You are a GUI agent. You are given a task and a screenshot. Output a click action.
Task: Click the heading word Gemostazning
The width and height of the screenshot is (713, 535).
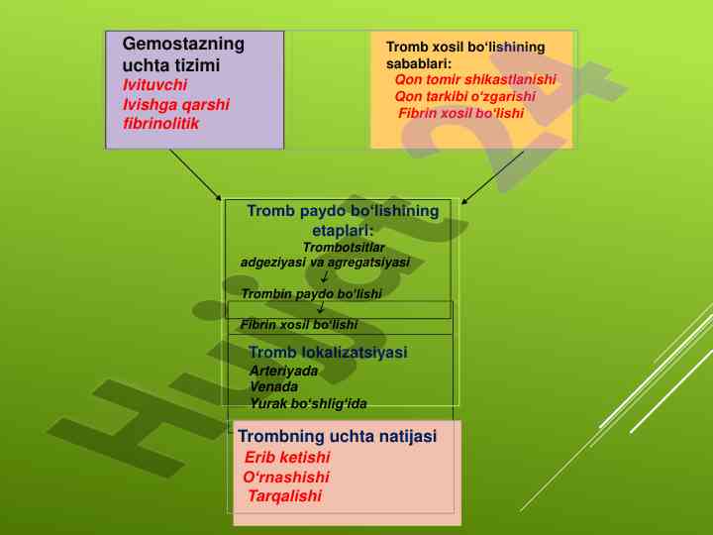pyautogui.click(x=182, y=45)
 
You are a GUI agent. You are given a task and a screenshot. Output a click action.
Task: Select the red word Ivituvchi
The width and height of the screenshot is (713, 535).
pyautogui.click(x=154, y=84)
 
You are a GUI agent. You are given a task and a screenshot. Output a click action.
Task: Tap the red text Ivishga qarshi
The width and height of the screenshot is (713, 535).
pyautogui.click(x=175, y=103)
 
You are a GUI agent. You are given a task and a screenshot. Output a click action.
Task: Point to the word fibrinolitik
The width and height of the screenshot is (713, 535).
pyautogui.click(x=161, y=124)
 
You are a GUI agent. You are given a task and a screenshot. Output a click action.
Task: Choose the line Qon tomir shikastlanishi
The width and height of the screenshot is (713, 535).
pyautogui.click(x=475, y=79)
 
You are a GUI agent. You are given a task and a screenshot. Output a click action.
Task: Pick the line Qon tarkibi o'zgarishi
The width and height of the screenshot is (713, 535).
pyautogui.click(x=464, y=96)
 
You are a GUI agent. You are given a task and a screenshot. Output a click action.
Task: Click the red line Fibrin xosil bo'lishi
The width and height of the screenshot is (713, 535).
pyautogui.click(x=460, y=113)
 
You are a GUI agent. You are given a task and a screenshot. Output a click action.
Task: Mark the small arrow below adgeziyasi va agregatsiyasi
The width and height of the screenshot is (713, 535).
pyautogui.click(x=325, y=277)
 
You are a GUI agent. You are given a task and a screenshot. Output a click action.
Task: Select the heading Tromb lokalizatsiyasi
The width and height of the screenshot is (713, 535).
pyautogui.click(x=328, y=353)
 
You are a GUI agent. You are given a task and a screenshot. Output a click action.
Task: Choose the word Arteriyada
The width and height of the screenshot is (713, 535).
pyautogui.click(x=284, y=371)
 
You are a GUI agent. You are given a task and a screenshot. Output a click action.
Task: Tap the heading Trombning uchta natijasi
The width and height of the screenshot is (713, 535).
pyautogui.click(x=337, y=436)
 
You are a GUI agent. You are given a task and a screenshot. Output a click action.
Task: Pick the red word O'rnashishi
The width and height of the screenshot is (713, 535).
pyautogui.click(x=286, y=477)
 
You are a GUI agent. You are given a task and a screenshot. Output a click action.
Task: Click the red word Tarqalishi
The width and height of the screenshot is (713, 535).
pyautogui.click(x=285, y=496)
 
